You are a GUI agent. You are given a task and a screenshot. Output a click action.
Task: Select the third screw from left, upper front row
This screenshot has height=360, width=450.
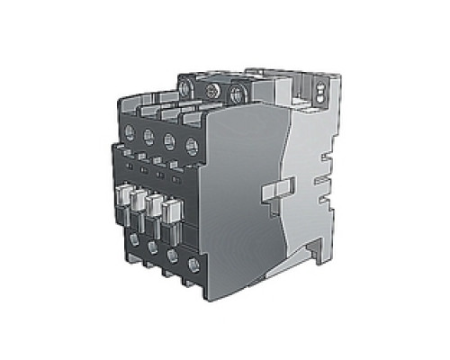coord(168,140)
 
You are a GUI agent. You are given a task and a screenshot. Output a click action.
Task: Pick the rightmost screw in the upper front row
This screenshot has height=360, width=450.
coord(190,146)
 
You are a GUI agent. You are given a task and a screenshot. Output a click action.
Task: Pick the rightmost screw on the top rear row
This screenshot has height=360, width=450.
coord(238,92)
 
